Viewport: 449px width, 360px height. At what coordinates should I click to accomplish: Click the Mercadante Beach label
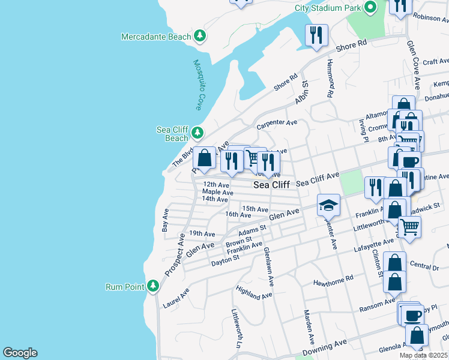pyautogui.click(x=155, y=37)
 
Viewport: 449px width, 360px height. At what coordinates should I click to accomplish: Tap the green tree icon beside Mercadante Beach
pyautogui.click(x=200, y=37)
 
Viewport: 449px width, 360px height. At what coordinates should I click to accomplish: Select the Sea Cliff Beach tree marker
pyautogui.click(x=196, y=133)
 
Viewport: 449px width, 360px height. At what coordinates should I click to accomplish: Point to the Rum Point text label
pyautogui.click(x=125, y=287)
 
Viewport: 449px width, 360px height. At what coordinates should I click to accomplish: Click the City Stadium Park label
pyautogui.click(x=328, y=8)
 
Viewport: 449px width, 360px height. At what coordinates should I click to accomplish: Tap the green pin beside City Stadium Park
pyautogui.click(x=370, y=8)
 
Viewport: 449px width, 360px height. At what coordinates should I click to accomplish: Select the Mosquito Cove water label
pyautogui.click(x=198, y=85)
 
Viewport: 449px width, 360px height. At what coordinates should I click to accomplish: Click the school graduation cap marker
pyautogui.click(x=328, y=206)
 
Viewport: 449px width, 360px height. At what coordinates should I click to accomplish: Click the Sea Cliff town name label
pyautogui.click(x=271, y=185)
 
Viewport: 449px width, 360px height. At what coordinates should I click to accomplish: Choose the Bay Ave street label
pyautogui.click(x=165, y=220)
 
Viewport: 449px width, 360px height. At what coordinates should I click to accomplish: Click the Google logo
pyautogui.click(x=20, y=353)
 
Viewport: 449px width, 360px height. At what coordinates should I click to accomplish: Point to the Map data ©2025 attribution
pyautogui.click(x=423, y=355)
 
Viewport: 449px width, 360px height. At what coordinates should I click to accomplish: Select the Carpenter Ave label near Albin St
pyautogui.click(x=277, y=124)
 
